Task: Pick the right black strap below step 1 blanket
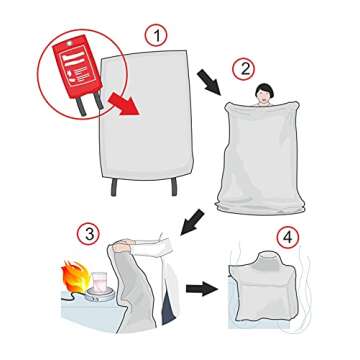178,189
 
